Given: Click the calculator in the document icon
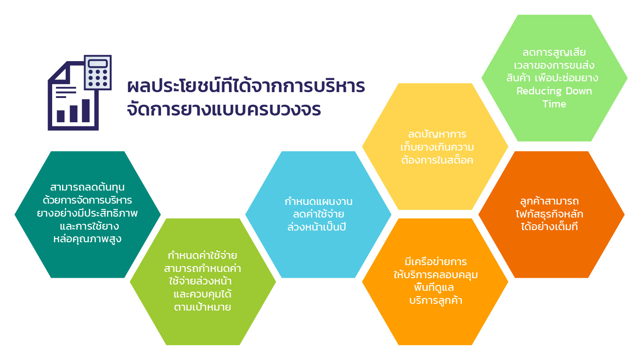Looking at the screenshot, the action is click(98, 72).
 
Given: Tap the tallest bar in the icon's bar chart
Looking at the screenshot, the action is click(86, 111).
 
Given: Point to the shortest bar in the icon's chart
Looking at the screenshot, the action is click(60, 116).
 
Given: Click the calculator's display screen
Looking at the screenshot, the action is click(98, 63).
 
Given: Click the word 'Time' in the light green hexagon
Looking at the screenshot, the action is click(554, 104).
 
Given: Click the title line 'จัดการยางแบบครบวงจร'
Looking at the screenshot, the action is click(224, 110).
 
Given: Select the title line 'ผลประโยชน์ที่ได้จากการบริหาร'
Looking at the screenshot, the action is click(246, 85).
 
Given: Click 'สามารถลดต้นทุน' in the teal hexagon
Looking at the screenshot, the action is click(87, 187).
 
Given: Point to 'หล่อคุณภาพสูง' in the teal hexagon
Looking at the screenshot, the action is click(87, 239).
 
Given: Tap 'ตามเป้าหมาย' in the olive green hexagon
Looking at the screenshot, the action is click(202, 307).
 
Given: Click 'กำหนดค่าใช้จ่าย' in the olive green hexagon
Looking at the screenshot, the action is click(202, 255).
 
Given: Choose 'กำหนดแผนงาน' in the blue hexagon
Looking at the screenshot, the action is click(318, 201).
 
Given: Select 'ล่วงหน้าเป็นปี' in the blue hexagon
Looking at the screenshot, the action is click(317, 227).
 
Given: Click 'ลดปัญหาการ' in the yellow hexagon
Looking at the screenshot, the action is click(437, 134).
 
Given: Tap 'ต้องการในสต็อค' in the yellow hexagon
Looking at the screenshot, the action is click(437, 160).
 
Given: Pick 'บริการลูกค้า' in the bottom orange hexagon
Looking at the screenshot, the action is click(436, 300).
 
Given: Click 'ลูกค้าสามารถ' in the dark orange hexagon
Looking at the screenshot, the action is click(550, 201).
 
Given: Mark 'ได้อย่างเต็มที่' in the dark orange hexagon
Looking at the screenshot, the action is click(550, 227).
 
